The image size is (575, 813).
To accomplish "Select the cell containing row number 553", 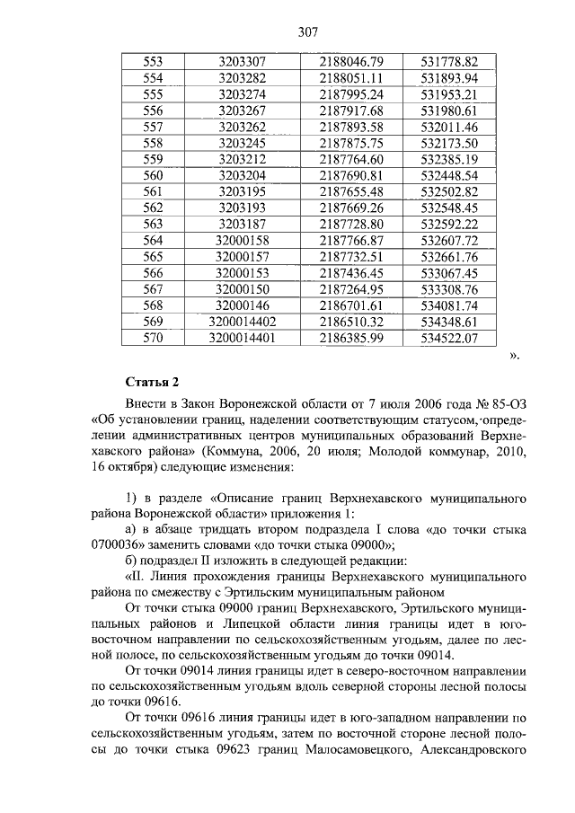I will coord(154,62).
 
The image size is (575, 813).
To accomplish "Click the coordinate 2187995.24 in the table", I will coord(351,94).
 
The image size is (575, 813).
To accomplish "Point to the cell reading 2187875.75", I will coord(351,143).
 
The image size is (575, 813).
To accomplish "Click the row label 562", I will coord(154,208).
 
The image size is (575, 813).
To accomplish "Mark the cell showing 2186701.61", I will coord(351,305).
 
